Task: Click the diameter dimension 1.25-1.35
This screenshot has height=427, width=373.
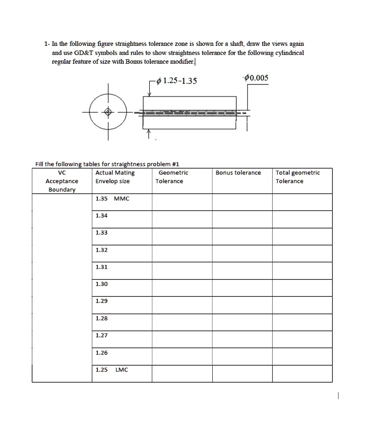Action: point(176,82)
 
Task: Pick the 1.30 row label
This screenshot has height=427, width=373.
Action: point(101,284)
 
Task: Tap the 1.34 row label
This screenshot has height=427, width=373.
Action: point(101,215)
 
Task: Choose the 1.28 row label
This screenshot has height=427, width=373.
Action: point(101,318)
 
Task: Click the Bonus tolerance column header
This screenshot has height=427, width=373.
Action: point(238,173)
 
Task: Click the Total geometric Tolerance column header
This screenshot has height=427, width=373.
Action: point(298,177)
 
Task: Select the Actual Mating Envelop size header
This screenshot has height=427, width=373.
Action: point(115,177)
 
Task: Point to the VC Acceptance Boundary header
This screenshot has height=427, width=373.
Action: point(62,181)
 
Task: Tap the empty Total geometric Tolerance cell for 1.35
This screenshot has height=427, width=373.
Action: point(302,202)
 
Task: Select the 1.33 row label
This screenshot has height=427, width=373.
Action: point(101,232)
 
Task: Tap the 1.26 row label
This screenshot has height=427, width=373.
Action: point(101,353)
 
